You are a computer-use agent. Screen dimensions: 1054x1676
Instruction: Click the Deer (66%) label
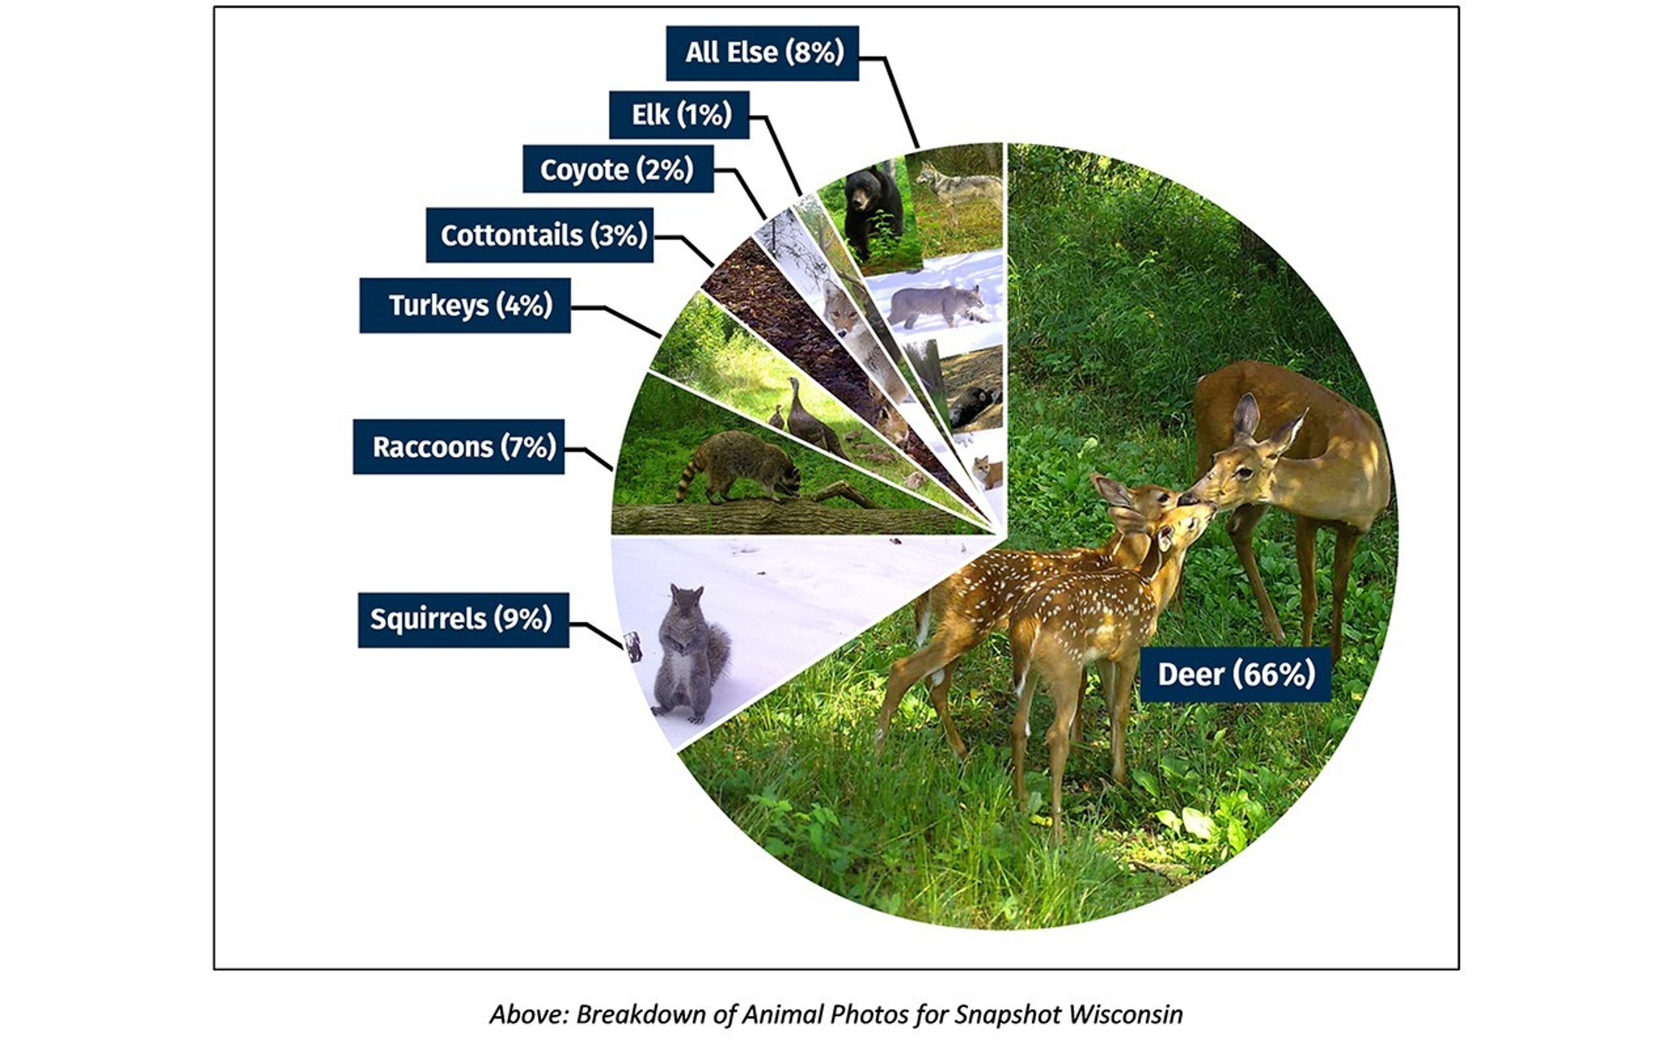[x=1235, y=674]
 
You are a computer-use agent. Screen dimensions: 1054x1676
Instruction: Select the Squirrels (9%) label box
[x=463, y=620]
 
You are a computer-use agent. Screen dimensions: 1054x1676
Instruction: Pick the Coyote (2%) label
[x=617, y=169]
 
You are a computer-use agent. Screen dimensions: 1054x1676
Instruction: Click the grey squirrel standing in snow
[x=689, y=654]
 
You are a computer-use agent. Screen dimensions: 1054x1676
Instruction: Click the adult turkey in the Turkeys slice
[x=807, y=418]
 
